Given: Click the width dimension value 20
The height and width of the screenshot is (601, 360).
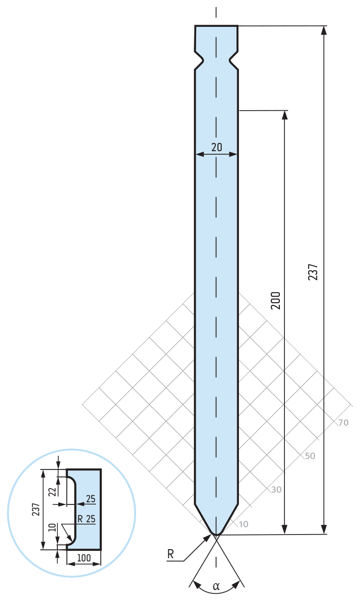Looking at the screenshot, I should click(217, 147).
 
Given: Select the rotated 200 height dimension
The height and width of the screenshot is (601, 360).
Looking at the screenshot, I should click(275, 300).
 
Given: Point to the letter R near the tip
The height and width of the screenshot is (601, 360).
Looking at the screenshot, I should click(171, 554).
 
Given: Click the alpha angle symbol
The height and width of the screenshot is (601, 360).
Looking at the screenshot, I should click(216, 586).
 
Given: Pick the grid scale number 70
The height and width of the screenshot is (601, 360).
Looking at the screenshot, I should click(343, 423).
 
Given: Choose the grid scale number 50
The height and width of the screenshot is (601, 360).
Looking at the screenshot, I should click(310, 456).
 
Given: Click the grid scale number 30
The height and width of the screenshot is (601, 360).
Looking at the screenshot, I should click(276, 490).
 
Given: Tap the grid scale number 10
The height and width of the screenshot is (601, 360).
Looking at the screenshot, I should click(243, 524).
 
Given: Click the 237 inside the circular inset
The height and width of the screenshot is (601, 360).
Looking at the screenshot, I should click(35, 509).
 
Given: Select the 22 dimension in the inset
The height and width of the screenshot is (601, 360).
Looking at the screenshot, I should click(52, 491).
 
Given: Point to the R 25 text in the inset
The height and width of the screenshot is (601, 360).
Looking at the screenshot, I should click(86, 519).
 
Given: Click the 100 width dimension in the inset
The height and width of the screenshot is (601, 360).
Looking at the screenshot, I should click(84, 558).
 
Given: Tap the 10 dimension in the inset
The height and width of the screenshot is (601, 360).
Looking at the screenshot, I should click(52, 529).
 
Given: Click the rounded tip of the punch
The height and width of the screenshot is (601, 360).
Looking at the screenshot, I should click(216, 533).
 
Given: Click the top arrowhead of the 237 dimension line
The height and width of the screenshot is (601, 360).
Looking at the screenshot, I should click(324, 30).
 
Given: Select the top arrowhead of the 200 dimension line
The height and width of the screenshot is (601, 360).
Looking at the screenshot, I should click(285, 115).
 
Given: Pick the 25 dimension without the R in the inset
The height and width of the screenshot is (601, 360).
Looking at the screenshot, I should click(91, 499).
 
